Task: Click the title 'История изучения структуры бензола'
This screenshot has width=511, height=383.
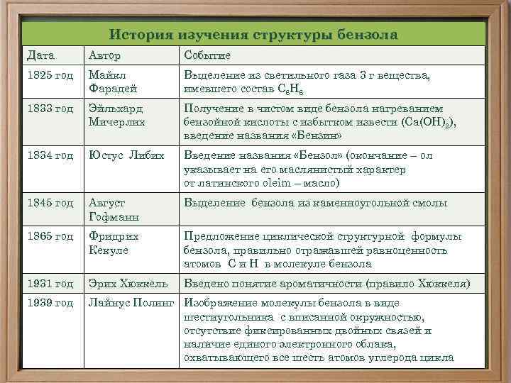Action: tap(254, 34)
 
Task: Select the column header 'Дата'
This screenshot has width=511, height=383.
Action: tap(40, 55)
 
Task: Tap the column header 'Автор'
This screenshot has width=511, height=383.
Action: tap(104, 55)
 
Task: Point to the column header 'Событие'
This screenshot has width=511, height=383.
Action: tap(207, 55)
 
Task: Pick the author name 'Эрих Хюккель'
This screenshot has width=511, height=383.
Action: tap(128, 284)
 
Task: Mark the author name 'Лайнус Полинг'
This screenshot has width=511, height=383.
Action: tap(131, 303)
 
